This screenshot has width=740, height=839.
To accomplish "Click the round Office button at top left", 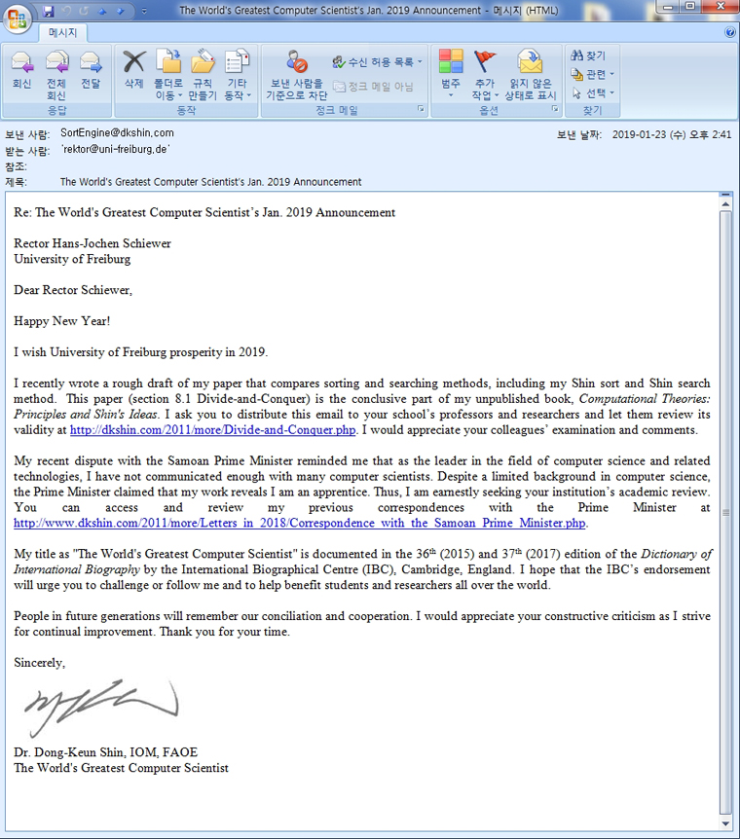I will tap(17, 17).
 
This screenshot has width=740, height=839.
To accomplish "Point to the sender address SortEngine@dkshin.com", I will tap(117, 133).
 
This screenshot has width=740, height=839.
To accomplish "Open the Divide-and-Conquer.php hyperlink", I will tap(213, 430).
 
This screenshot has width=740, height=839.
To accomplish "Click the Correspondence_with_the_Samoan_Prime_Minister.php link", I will tap(300, 524).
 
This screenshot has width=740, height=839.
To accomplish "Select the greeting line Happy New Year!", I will tap(61, 320).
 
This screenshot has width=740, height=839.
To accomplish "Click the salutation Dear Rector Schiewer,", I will tap(72, 290).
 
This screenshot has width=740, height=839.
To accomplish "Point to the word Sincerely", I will tap(39, 663).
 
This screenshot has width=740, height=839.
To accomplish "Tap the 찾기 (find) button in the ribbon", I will tap(589, 55).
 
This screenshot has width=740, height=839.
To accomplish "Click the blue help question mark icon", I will tap(730, 32).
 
